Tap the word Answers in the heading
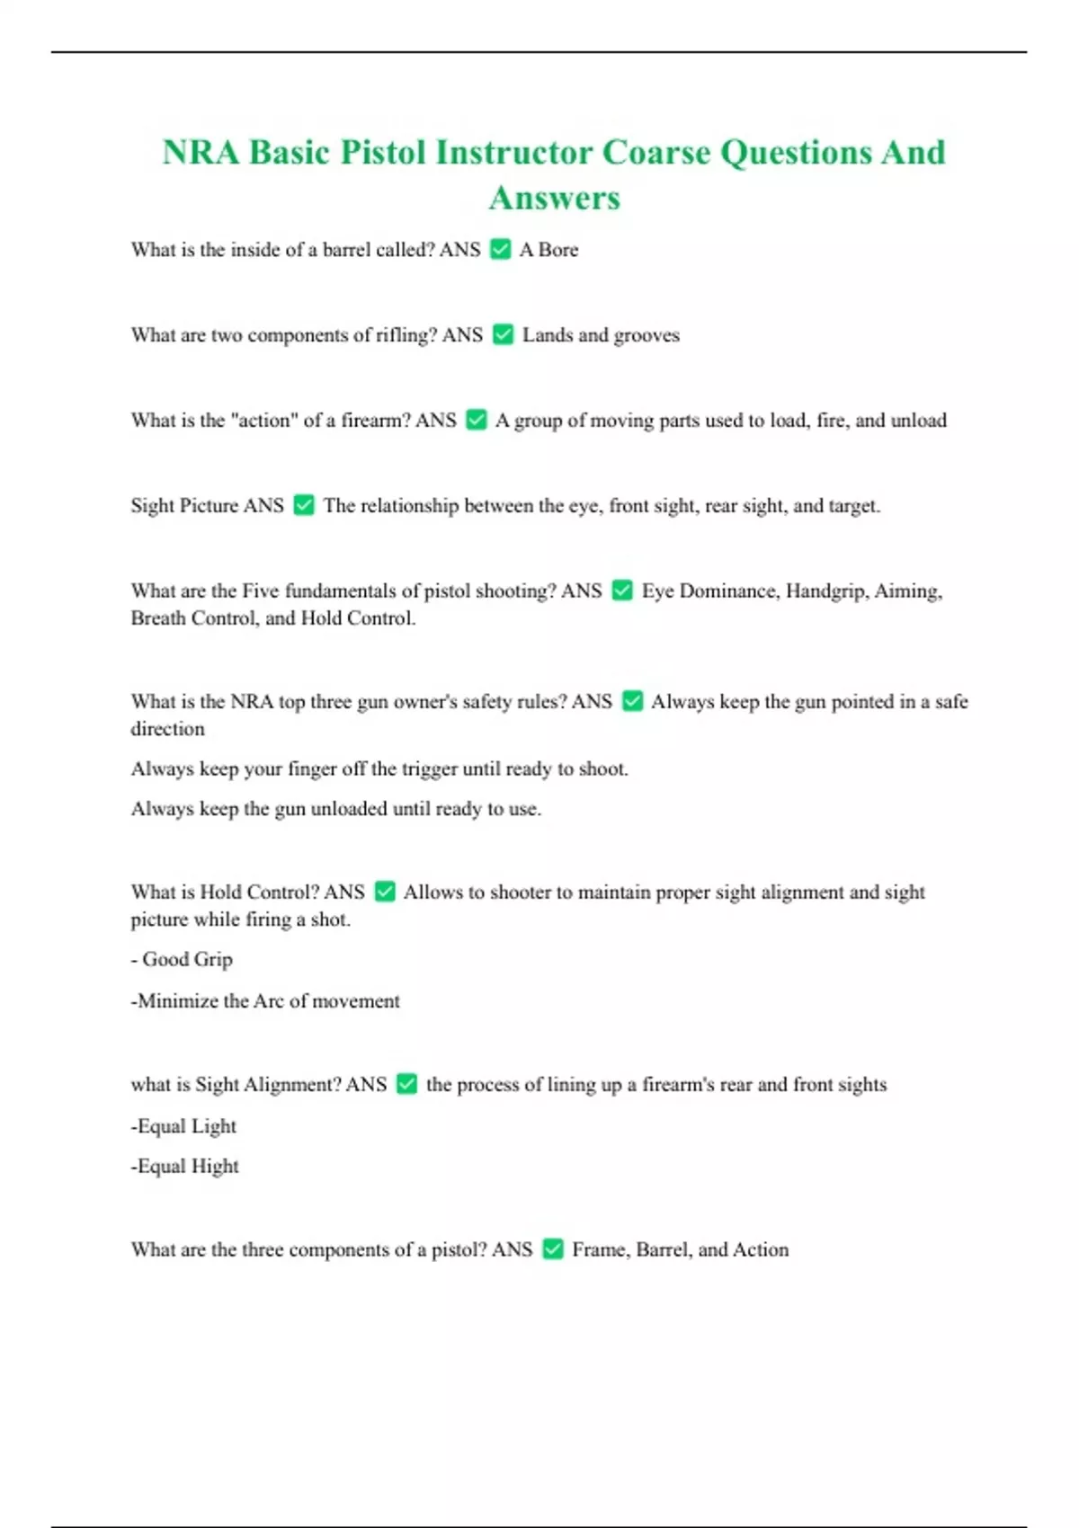click(x=554, y=199)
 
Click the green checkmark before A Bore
click(x=501, y=249)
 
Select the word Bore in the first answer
click(x=558, y=250)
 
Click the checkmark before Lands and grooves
click(x=504, y=334)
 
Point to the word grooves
click(x=647, y=335)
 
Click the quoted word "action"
click(x=264, y=420)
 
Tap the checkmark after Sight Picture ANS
click(x=305, y=505)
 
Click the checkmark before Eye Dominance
click(x=622, y=591)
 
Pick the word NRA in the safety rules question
click(x=252, y=701)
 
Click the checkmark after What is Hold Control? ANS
click(x=385, y=892)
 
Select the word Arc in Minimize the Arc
click(x=269, y=1001)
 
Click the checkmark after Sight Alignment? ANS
click(x=407, y=1084)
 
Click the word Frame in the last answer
click(x=601, y=1249)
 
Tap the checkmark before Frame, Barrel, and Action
click(x=553, y=1249)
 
